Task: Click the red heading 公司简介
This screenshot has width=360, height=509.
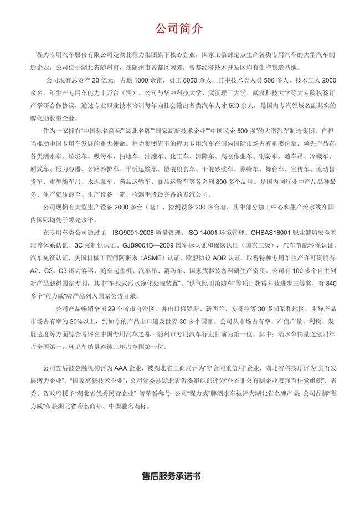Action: tap(179, 28)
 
